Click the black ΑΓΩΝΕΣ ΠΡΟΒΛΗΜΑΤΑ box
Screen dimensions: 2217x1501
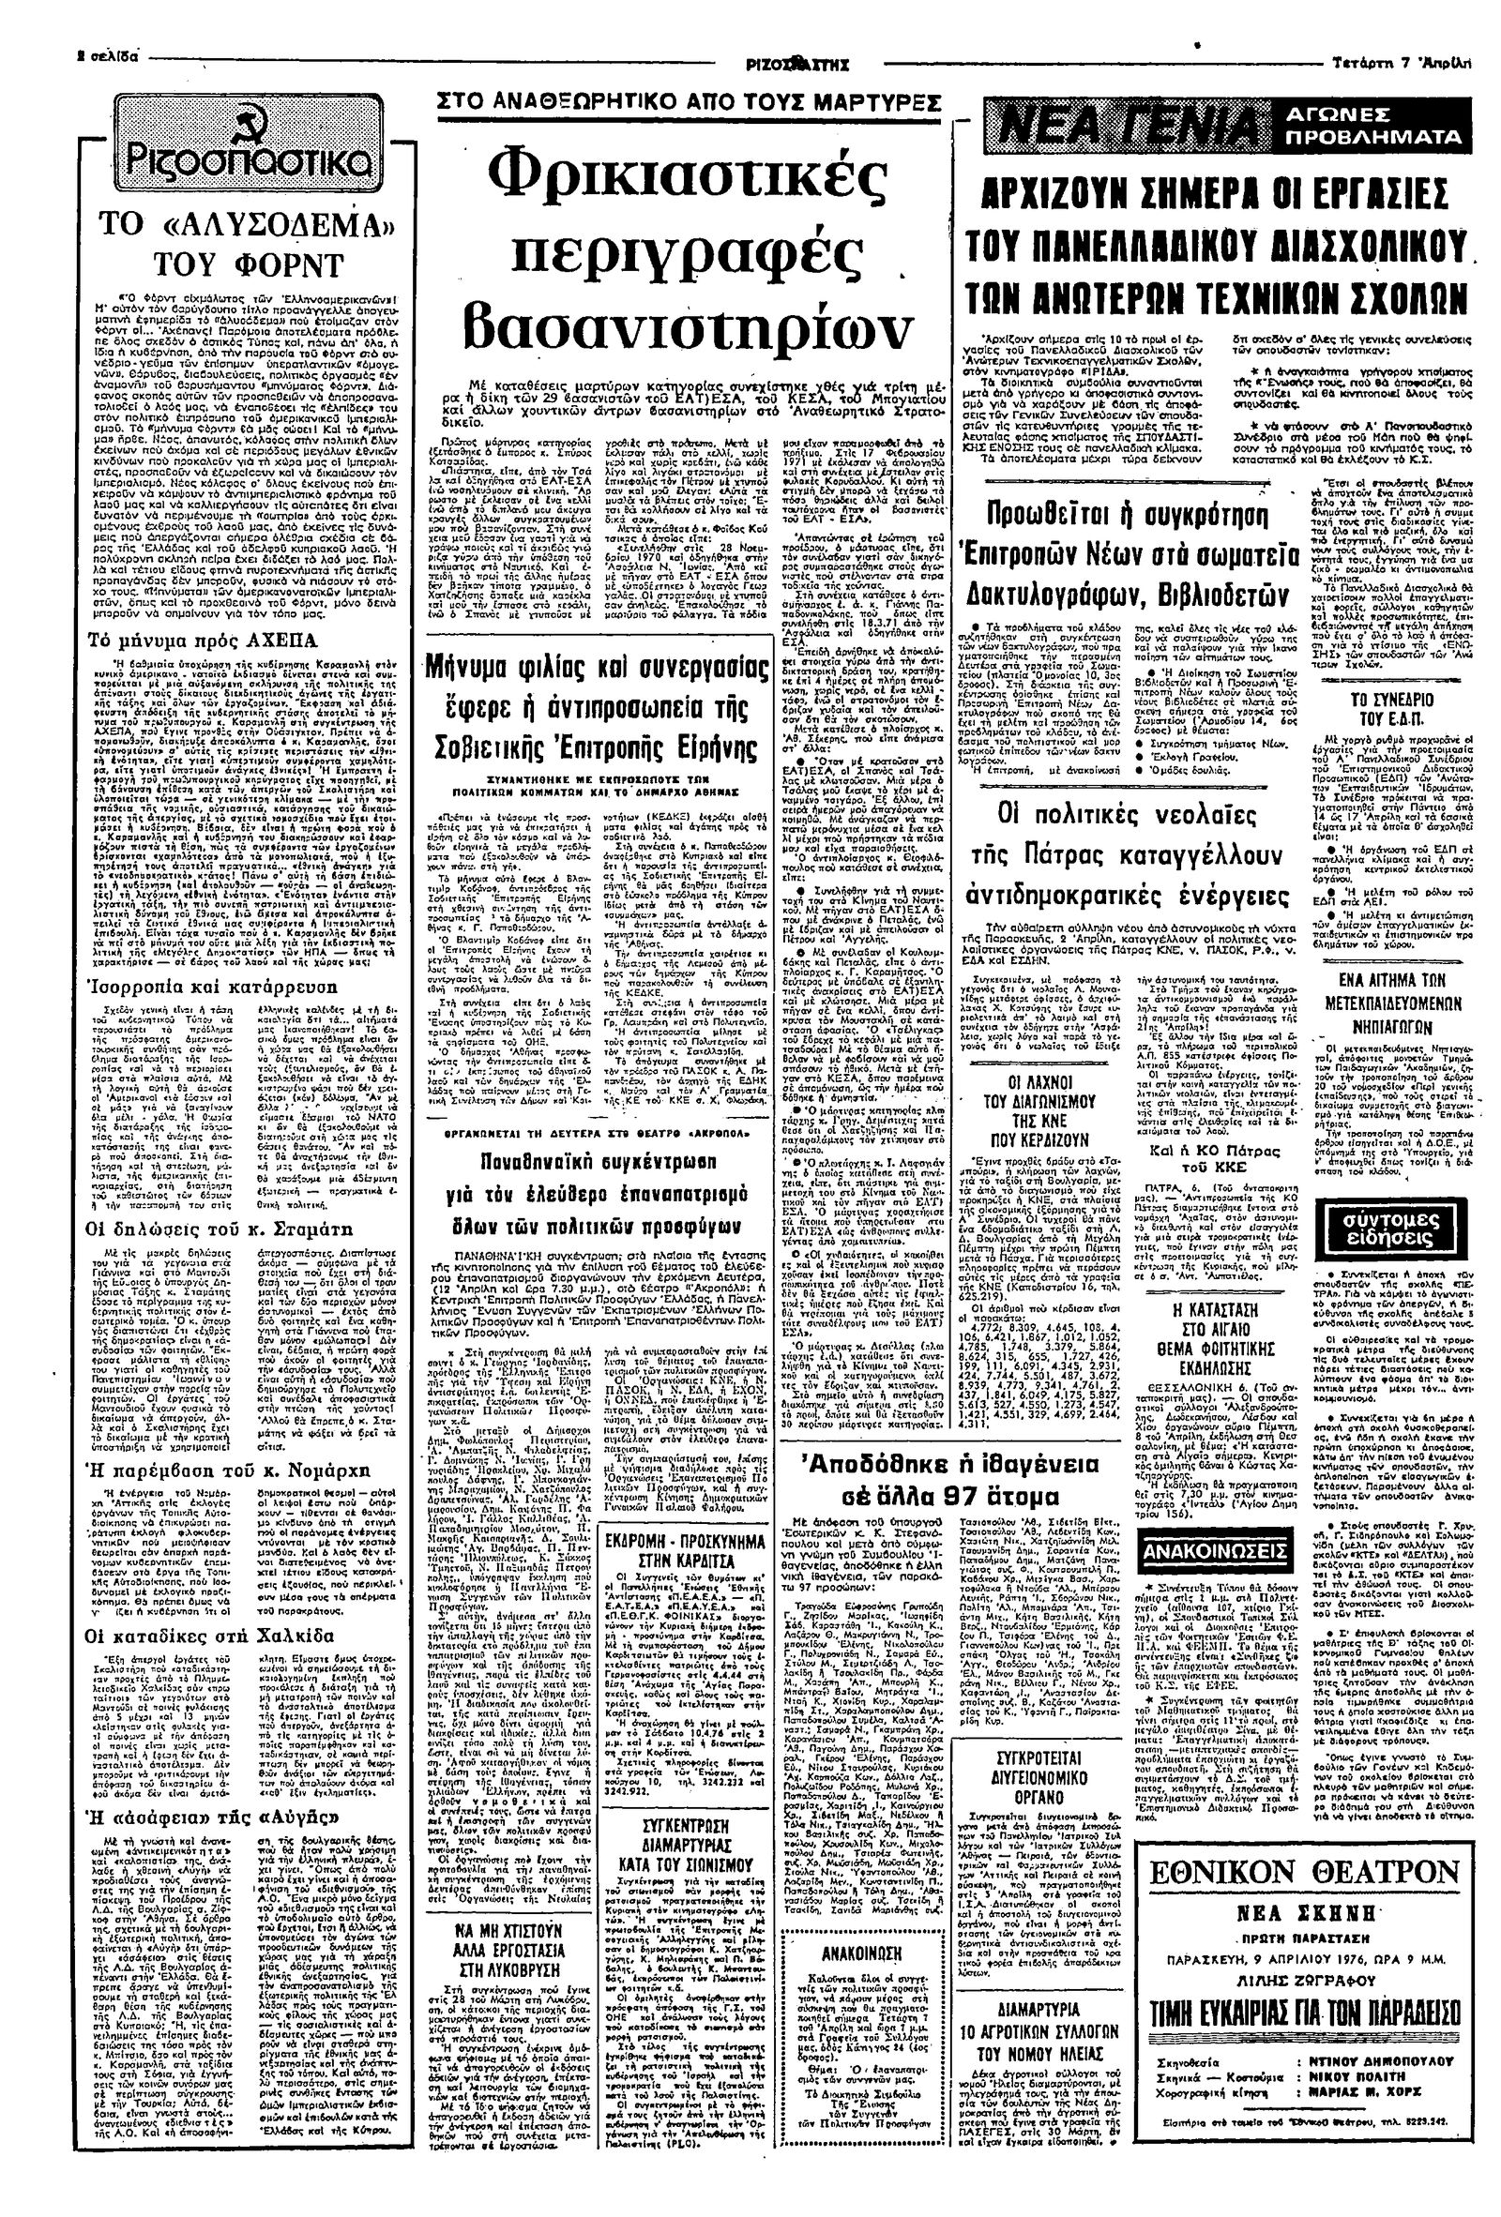pos(1370,124)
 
